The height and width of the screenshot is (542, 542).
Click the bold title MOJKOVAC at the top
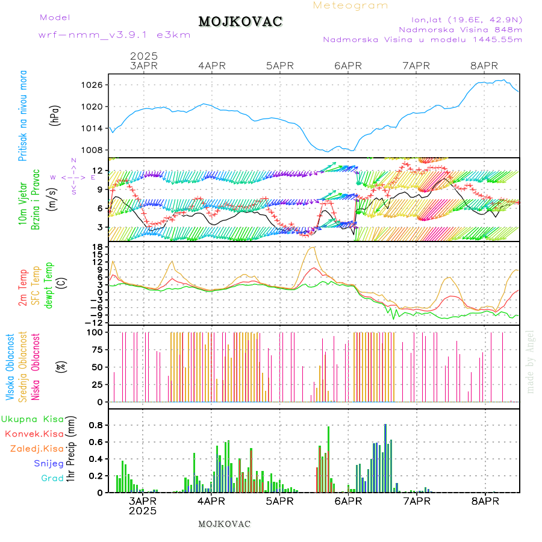coord(240,22)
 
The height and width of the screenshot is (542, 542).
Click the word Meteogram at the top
coord(350,5)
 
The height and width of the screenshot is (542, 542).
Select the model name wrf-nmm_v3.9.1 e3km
coord(114,35)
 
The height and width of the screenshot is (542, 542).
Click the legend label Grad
coord(52,479)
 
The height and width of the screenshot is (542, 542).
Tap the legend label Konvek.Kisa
coord(34,434)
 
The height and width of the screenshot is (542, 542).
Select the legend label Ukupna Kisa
coord(33,419)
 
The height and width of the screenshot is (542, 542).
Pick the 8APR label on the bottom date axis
coord(484,501)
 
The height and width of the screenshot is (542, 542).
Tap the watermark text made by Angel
coord(531,361)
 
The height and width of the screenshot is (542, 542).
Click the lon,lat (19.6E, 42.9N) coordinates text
coord(466,19)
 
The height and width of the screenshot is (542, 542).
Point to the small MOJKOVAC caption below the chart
coord(224,524)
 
